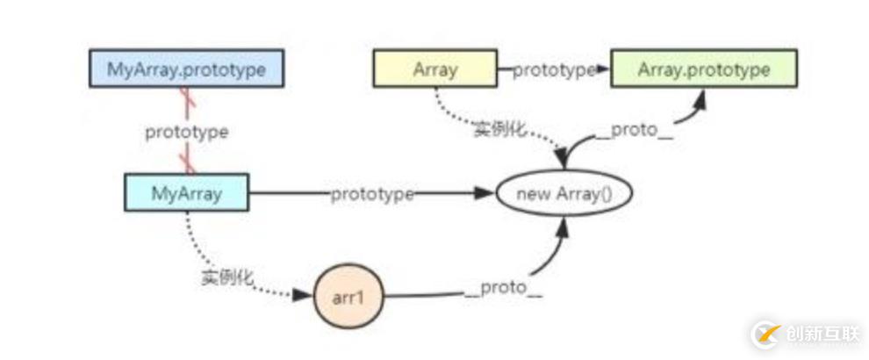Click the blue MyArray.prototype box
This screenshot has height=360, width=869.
coord(186,69)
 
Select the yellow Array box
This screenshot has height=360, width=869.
coord(435,69)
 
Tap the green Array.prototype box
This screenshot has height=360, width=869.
coord(704,69)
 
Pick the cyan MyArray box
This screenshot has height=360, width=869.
coord(186,191)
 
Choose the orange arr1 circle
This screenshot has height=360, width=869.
coord(348,296)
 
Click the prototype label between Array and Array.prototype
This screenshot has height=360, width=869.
coord(554,70)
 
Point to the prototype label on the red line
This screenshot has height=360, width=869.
coord(186,132)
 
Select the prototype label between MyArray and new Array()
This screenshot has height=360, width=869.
coord(372,193)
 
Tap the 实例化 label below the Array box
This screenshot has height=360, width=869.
coord(499,130)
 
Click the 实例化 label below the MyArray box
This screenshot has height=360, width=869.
coord(226,277)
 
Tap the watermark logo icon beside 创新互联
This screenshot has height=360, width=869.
coord(765,334)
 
